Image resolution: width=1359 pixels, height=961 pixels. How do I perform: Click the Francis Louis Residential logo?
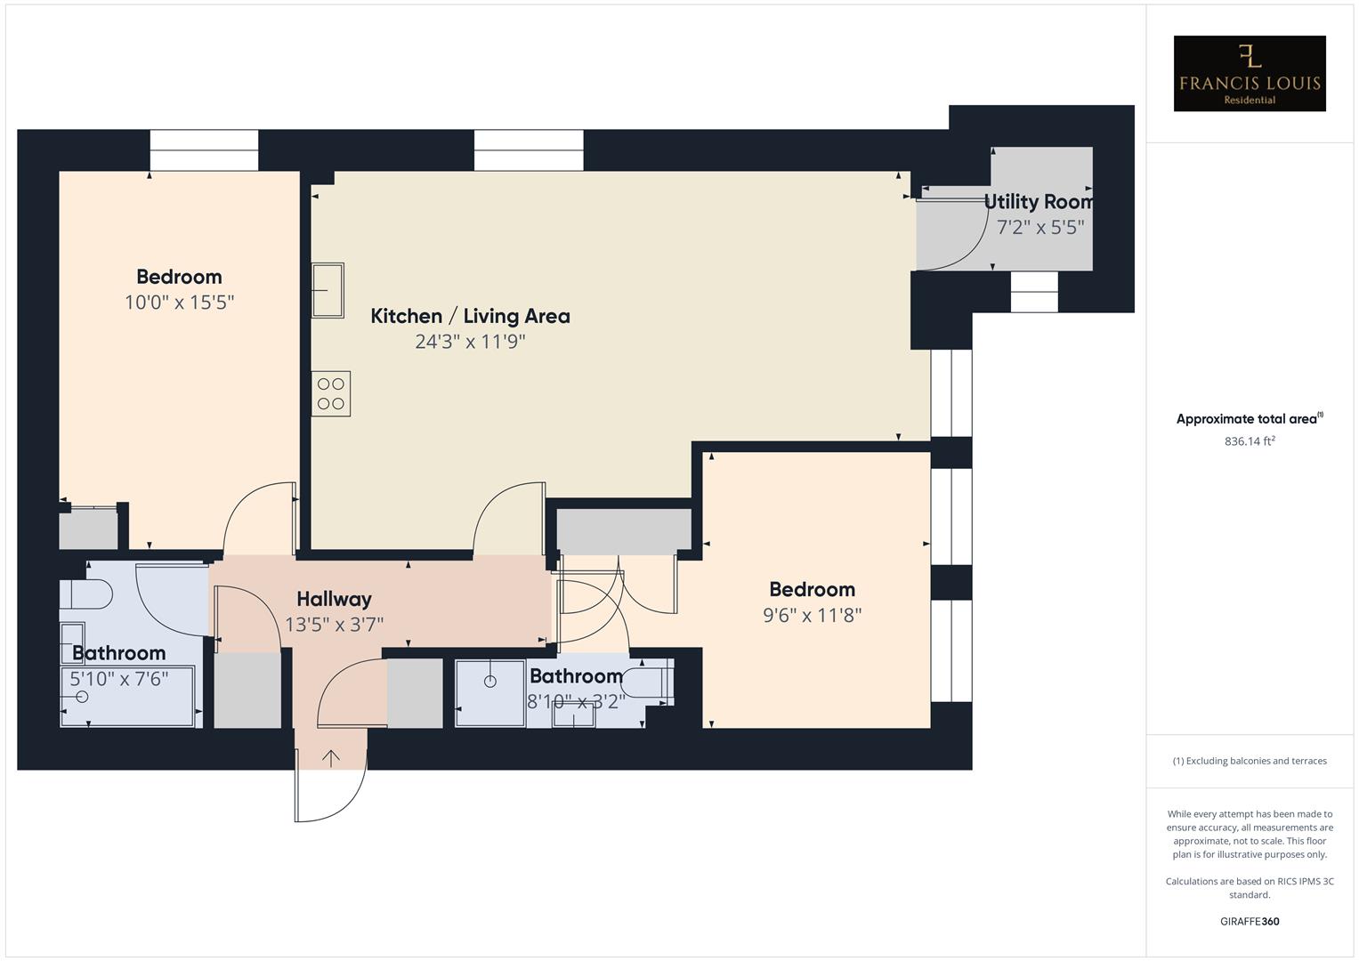[1249, 74]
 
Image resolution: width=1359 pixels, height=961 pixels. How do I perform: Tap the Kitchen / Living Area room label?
[470, 316]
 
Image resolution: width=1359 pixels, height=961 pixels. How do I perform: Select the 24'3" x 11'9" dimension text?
[470, 342]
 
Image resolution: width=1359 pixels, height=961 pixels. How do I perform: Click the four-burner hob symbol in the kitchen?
[331, 394]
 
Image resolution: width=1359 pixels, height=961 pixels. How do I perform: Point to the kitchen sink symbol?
[328, 290]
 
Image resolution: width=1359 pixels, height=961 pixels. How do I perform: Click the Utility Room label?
[1039, 202]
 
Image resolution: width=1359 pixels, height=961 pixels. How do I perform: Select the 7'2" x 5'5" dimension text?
[1039, 228]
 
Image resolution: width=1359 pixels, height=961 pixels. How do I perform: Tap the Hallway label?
[334, 599]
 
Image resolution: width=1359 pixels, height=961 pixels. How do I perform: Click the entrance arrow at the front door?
[331, 758]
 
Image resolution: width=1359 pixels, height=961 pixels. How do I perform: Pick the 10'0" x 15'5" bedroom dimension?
[179, 303]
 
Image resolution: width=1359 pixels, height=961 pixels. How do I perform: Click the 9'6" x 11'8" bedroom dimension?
[812, 615]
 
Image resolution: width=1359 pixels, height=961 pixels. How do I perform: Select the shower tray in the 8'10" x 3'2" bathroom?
[490, 692]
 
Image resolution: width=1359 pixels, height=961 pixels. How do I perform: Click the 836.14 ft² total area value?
[1249, 441]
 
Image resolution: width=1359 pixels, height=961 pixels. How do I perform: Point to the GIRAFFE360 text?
[1249, 921]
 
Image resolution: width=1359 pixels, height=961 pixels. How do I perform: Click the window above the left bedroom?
[204, 150]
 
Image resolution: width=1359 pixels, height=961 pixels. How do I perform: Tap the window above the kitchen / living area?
[529, 150]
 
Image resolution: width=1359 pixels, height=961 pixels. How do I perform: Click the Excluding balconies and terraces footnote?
[1249, 761]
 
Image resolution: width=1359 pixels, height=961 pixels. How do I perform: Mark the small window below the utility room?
[1034, 292]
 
